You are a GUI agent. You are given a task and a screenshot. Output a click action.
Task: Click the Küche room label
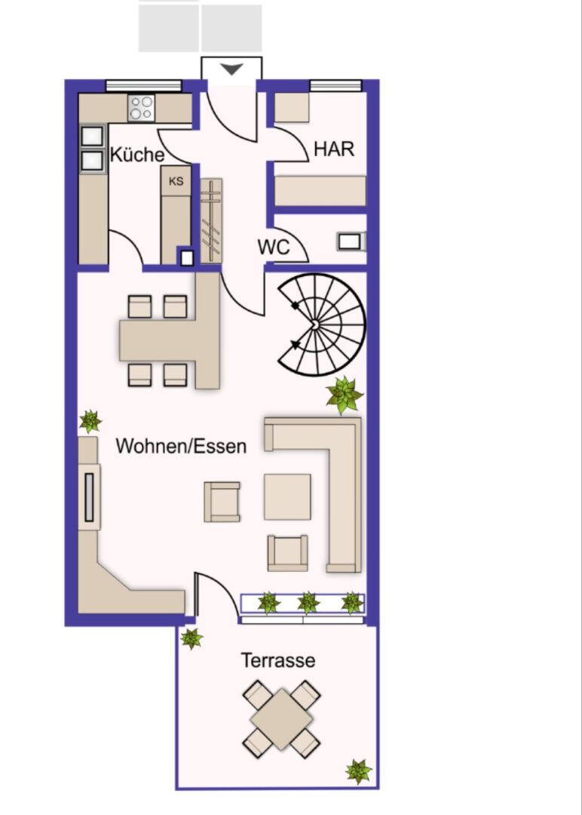(x=137, y=155)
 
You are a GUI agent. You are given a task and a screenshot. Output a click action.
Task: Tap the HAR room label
(x=334, y=149)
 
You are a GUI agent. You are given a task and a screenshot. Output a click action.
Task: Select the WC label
(x=273, y=247)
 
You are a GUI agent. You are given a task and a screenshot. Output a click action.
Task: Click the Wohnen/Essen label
(x=181, y=446)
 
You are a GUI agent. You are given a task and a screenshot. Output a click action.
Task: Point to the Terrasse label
(x=277, y=660)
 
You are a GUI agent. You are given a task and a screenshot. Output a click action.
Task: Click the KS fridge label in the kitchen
(x=176, y=181)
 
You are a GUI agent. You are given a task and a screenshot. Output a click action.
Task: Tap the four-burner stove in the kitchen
(x=141, y=108)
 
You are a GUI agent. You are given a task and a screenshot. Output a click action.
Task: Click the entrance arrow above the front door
(x=231, y=69)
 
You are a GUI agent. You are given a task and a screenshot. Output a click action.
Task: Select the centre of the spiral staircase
(x=314, y=324)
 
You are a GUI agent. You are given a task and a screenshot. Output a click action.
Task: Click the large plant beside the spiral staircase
(x=345, y=395)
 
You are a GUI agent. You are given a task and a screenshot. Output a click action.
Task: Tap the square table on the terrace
(x=281, y=719)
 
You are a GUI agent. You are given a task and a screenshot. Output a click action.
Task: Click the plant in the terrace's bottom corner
(x=358, y=771)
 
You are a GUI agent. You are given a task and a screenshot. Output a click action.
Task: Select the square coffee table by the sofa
(x=287, y=497)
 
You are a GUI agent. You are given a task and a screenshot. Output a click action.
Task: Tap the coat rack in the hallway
(x=211, y=221)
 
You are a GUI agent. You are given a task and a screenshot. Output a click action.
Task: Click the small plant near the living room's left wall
(x=90, y=422)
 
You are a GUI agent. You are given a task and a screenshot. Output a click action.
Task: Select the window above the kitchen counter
(x=143, y=86)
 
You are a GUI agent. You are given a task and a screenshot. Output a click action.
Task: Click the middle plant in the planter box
(x=308, y=603)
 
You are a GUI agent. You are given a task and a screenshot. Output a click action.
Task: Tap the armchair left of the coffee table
(x=222, y=502)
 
